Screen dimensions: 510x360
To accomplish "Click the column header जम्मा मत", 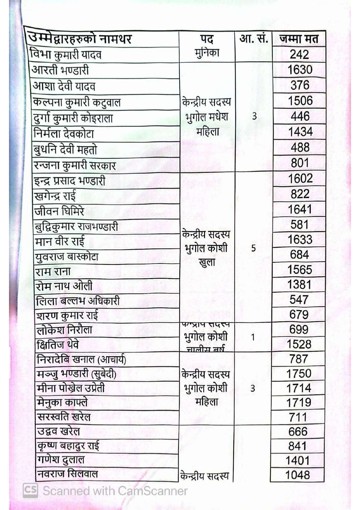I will pos(299,39).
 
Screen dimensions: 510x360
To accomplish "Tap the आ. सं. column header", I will pos(253,38).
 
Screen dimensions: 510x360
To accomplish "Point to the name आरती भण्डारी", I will pos(60,70).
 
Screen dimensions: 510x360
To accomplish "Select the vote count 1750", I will pos(299,373).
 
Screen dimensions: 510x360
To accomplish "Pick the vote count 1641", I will pos(300,209).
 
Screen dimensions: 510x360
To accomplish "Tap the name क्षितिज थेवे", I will pos(58,345).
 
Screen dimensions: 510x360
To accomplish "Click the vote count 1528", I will pos(299,344).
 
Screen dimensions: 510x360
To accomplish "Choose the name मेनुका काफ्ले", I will pos(62,402).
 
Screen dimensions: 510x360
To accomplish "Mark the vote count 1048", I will pos(298,475).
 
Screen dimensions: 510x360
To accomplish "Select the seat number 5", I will pos(253,248).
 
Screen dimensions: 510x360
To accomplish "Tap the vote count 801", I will pos(300,163).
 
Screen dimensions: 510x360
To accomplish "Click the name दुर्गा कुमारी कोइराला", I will pos(73,118).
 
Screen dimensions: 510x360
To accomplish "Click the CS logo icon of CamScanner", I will pos(30,490).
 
